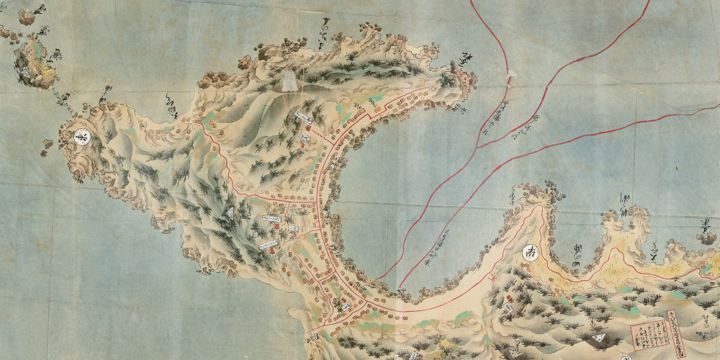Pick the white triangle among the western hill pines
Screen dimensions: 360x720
click(x=230, y=213)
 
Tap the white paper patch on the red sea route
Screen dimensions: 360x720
click(x=510, y=75)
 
